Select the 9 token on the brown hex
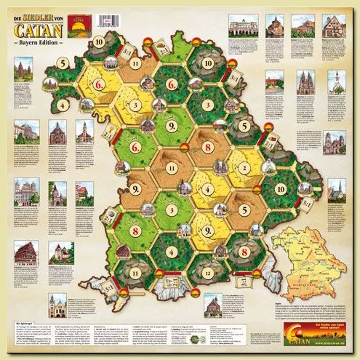coord(138,191)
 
